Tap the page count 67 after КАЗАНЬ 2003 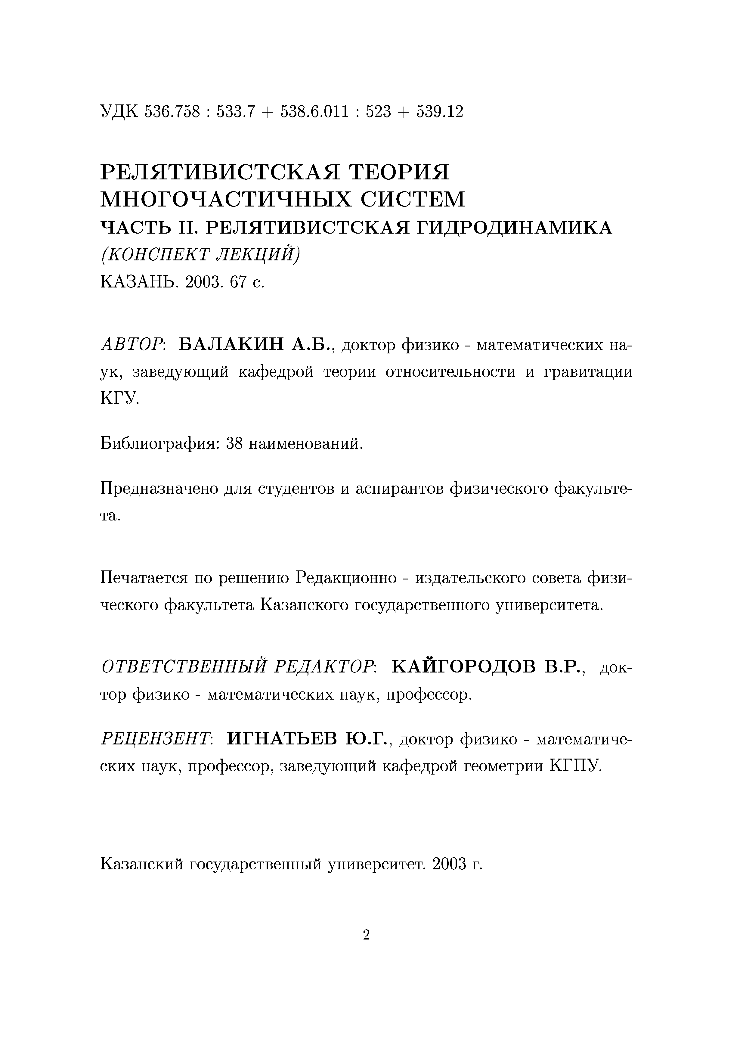click(239, 281)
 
